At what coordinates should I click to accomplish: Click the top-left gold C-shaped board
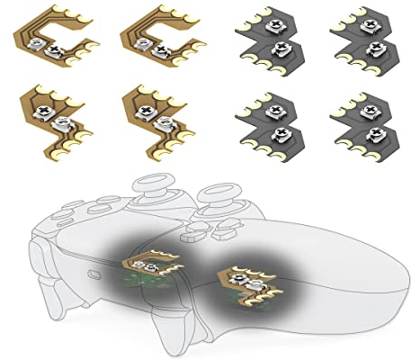tap(49, 40)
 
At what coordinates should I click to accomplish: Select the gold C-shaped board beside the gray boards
tap(153, 40)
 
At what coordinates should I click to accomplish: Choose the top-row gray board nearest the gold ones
tap(270, 41)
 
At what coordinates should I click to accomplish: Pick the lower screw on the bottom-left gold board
tap(64, 119)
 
